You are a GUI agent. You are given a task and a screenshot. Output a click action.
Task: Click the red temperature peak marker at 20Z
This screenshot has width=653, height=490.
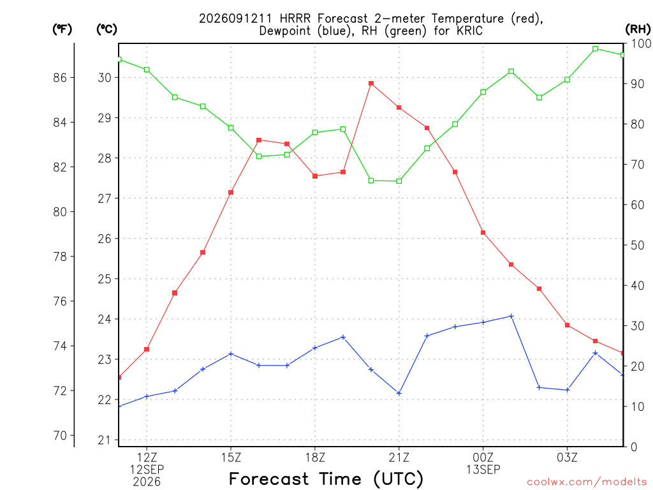pyautogui.click(x=371, y=84)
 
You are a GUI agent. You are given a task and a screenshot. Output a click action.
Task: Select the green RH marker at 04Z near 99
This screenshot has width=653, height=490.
pyautogui.click(x=595, y=48)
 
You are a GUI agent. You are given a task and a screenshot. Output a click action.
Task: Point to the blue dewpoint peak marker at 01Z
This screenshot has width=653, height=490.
pyautogui.click(x=511, y=316)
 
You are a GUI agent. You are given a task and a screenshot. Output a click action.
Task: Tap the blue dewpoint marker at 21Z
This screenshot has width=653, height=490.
pyautogui.click(x=399, y=393)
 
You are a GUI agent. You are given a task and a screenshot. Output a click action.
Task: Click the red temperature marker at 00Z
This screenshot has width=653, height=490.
pyautogui.click(x=483, y=232)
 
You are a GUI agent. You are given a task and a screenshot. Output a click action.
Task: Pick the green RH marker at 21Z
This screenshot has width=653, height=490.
pyautogui.click(x=399, y=181)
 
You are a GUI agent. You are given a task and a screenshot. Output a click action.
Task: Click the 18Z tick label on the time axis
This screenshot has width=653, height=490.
pyautogui.click(x=315, y=457)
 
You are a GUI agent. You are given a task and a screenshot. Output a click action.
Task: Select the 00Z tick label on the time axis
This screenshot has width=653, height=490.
pyautogui.click(x=483, y=457)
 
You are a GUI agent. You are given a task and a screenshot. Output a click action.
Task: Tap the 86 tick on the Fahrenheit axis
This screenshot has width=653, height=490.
pyautogui.click(x=60, y=77)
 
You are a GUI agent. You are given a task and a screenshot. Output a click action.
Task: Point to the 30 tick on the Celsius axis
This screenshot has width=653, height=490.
pyautogui.click(x=105, y=77)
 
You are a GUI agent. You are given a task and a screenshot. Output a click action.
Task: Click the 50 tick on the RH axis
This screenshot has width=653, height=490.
pyautogui.click(x=638, y=245)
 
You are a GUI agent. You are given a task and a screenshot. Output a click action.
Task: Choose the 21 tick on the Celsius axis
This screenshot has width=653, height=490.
pyautogui.click(x=105, y=440)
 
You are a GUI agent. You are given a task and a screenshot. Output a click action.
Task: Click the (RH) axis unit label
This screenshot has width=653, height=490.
pyautogui.click(x=638, y=29)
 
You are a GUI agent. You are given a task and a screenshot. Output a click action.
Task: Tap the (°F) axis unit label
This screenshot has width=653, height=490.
pyautogui.click(x=62, y=29)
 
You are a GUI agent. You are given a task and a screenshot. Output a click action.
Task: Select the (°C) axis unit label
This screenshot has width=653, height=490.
pyautogui.click(x=106, y=29)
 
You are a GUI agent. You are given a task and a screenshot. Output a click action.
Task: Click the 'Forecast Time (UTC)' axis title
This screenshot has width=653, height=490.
pyautogui.click(x=326, y=479)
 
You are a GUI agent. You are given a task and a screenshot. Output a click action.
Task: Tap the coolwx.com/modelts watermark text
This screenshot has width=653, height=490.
pyautogui.click(x=587, y=482)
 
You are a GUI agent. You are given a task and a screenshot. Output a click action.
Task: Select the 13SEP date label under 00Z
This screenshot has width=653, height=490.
pyautogui.click(x=483, y=470)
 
